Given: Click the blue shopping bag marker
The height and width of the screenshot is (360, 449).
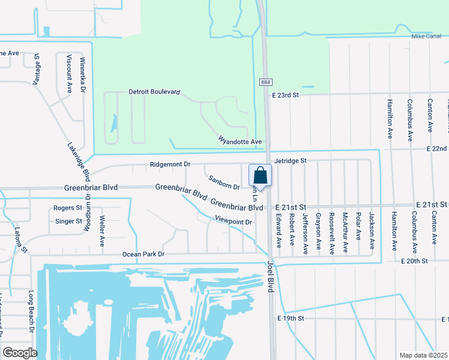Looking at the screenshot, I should pyautogui.click(x=260, y=176).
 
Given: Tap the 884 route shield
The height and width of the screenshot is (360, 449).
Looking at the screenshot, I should pyautogui.click(x=265, y=82).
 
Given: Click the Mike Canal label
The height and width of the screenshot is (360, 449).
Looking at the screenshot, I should pyautogui.click(x=426, y=36).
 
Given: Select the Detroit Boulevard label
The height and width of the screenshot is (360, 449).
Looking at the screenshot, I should pyautogui.click(x=154, y=92).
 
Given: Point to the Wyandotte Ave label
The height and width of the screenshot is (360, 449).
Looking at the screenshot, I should pyautogui.click(x=240, y=142).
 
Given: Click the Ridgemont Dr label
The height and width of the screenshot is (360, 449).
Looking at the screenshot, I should pyautogui.click(x=170, y=164).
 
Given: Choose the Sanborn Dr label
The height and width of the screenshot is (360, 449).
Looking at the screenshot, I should pyautogui.click(x=224, y=178).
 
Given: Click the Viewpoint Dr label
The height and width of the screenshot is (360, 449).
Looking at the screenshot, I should pyautogui.click(x=232, y=222).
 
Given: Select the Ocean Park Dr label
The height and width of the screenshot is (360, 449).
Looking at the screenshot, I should pyautogui.click(x=143, y=254).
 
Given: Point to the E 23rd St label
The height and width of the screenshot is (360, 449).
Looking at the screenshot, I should pyautogui.click(x=285, y=95).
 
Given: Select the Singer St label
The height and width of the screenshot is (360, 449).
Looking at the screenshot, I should pyautogui.click(x=68, y=221).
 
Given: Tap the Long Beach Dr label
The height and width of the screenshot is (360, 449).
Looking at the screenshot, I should pyautogui.click(x=31, y=311).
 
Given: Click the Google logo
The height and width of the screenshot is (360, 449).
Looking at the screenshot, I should pyautogui.click(x=20, y=353).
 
